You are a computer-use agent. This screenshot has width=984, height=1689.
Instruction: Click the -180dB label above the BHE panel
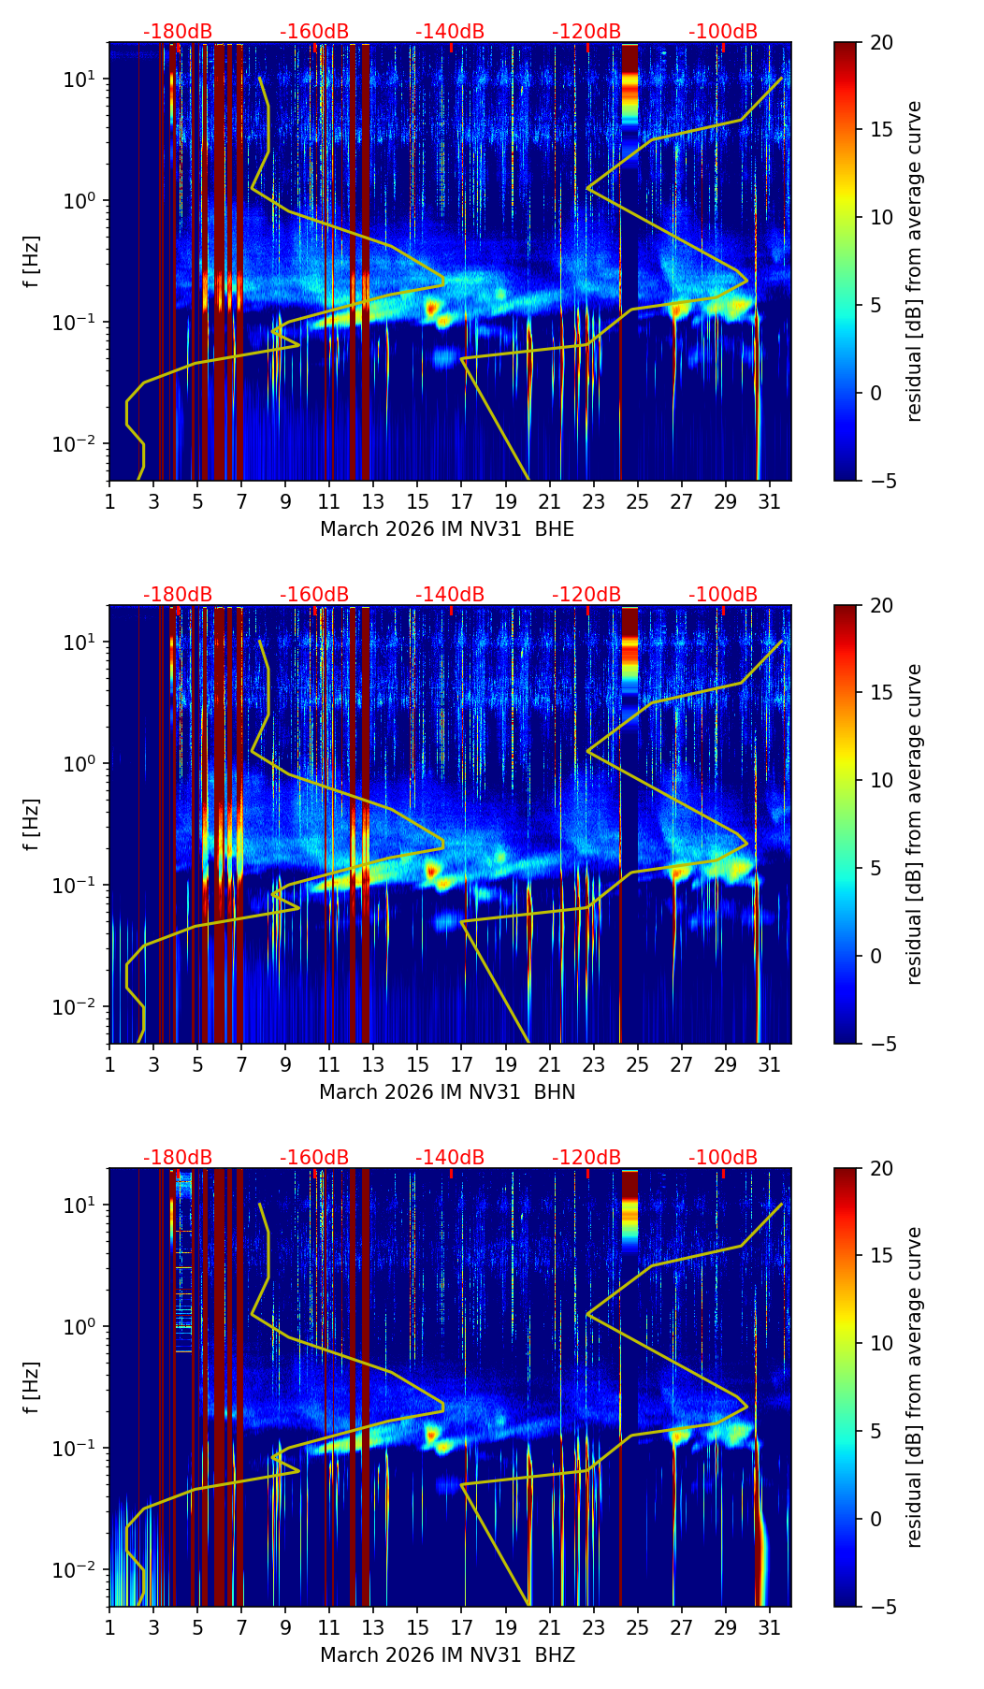[x=178, y=32]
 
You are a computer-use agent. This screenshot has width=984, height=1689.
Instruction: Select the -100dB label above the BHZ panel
[x=723, y=1158]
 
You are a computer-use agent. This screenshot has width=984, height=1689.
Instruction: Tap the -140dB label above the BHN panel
[x=450, y=595]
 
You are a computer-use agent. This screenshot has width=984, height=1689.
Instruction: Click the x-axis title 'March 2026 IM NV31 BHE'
[x=447, y=529]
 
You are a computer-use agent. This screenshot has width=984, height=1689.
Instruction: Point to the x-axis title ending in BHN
[x=447, y=1092]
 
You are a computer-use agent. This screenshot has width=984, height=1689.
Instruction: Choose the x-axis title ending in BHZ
[x=447, y=1655]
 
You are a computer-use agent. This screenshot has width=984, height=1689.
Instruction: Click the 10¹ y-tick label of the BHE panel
[x=81, y=79]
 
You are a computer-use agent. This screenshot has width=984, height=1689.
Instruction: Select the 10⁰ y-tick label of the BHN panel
[x=81, y=764]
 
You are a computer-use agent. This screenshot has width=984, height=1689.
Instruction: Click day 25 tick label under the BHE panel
[x=637, y=501]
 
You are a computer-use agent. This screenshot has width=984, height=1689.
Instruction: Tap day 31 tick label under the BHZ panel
[x=769, y=1627]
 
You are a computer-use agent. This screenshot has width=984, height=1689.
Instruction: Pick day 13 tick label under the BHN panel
[x=373, y=1064]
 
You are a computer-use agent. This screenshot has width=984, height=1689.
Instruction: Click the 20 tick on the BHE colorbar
[x=881, y=42]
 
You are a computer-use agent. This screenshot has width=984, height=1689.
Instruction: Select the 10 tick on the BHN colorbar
[x=881, y=780]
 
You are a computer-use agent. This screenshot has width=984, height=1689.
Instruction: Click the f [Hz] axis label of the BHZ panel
[x=32, y=1387]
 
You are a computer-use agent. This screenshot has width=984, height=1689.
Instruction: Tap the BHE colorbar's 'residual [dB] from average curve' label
[x=914, y=261]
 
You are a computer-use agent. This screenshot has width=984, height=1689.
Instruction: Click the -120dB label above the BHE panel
[x=586, y=32]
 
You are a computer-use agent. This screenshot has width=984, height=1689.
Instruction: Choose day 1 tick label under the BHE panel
[x=109, y=501]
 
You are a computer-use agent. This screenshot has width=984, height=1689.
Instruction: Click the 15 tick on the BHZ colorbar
[x=881, y=1255]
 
